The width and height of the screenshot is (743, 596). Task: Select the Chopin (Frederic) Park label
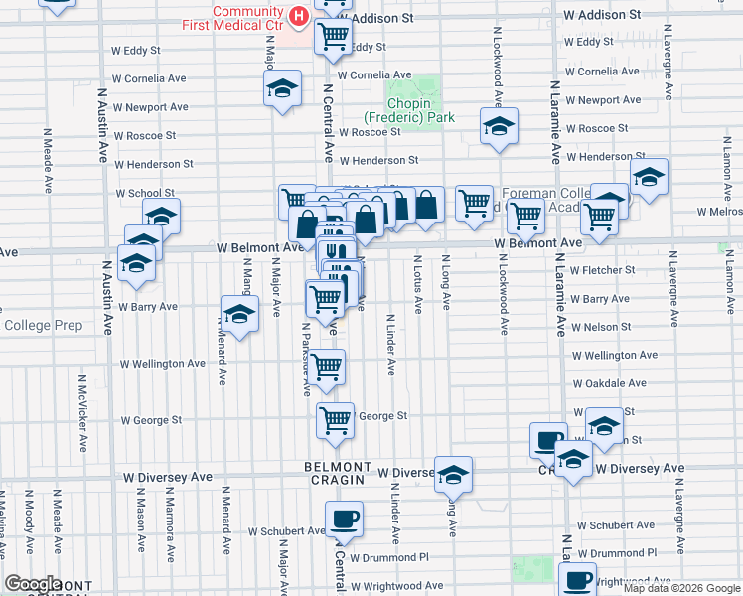(421, 110)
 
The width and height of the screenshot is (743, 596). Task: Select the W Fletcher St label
(604, 270)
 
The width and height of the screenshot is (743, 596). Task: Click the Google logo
(34, 583)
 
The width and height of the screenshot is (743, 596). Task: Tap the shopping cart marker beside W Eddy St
(333, 38)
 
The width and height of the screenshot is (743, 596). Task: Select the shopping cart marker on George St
(336, 420)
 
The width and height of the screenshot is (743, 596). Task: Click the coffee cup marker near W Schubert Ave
(344, 519)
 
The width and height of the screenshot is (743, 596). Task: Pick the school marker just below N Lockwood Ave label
(499, 126)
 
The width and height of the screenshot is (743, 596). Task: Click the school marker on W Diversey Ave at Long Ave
(453, 475)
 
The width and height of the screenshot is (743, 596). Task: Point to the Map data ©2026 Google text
(680, 588)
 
